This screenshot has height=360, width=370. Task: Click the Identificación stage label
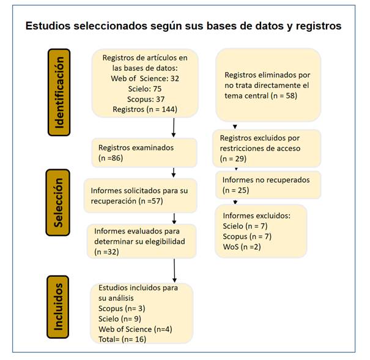tap(59, 92)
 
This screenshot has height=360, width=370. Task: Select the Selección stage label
tap(58, 202)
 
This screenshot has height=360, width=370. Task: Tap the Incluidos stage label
tap(58, 307)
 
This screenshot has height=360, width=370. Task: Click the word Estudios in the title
tap(48, 26)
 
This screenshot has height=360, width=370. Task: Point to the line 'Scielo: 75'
tap(145, 89)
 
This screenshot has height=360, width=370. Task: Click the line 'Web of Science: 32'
tap(145, 78)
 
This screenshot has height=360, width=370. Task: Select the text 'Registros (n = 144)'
tap(145, 109)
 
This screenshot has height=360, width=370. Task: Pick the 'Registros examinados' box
tap(144, 153)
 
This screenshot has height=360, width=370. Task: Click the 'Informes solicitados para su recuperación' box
tap(141, 196)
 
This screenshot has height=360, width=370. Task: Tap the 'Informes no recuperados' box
tap(268, 185)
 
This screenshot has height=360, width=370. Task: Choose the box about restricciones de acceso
tap(267, 149)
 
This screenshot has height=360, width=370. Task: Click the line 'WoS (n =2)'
tap(242, 247)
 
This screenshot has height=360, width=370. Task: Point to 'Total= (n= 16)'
tap(122, 339)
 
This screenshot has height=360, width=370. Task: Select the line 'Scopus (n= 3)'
tap(122, 309)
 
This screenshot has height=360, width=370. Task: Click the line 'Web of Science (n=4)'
tap(135, 329)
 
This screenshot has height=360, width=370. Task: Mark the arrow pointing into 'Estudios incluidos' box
tap(174, 271)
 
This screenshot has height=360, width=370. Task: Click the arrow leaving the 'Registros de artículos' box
tap(174, 127)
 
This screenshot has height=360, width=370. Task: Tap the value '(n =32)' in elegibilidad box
tap(106, 252)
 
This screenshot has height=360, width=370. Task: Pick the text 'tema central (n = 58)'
tap(261, 96)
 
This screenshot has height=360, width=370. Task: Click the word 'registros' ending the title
tap(319, 26)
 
